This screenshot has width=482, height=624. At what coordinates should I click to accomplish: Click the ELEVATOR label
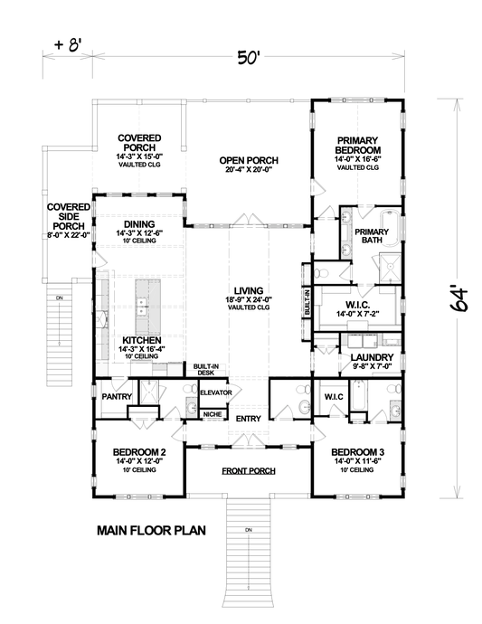(x=216, y=392)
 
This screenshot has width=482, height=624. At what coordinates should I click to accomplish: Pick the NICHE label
(x=213, y=415)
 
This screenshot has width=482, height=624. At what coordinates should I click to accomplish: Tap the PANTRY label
(x=118, y=396)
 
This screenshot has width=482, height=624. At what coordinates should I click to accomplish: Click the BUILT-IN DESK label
(x=202, y=370)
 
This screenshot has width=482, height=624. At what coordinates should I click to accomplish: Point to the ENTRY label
(x=248, y=419)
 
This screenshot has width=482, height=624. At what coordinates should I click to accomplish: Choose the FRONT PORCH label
(x=248, y=471)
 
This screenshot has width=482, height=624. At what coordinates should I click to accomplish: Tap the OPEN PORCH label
(x=248, y=161)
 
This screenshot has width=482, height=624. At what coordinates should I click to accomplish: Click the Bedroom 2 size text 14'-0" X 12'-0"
(x=137, y=462)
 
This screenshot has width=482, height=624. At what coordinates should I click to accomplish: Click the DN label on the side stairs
(x=60, y=298)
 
